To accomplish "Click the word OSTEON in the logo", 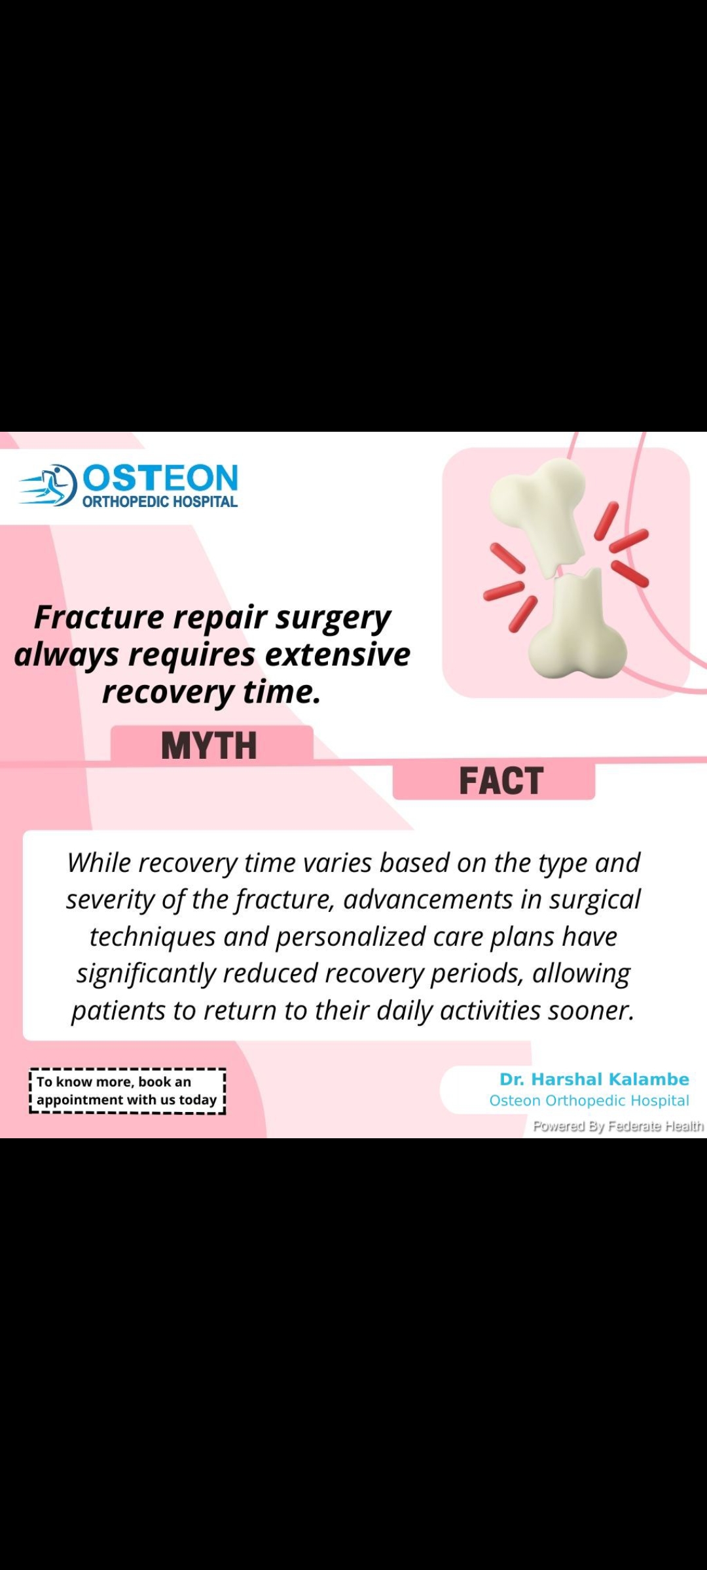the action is pos(160,478).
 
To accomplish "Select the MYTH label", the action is pos(209,746).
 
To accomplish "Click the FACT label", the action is pos(501,780).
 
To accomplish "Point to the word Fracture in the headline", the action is pos(99,617).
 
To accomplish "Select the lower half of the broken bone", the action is pos(576,628).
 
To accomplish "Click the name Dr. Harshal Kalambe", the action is pos(594,1079).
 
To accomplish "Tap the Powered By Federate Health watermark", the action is pos(618,1126).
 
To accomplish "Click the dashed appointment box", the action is pos(127,1091).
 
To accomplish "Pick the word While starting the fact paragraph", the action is pos(100,863).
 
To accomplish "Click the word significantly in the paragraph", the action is pos(146,974).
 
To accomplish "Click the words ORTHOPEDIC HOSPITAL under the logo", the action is pos(160,502).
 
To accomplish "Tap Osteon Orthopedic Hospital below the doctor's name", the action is pos(589,1101).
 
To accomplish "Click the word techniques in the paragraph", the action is pos(153,937).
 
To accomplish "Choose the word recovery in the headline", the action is pos(168,692).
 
